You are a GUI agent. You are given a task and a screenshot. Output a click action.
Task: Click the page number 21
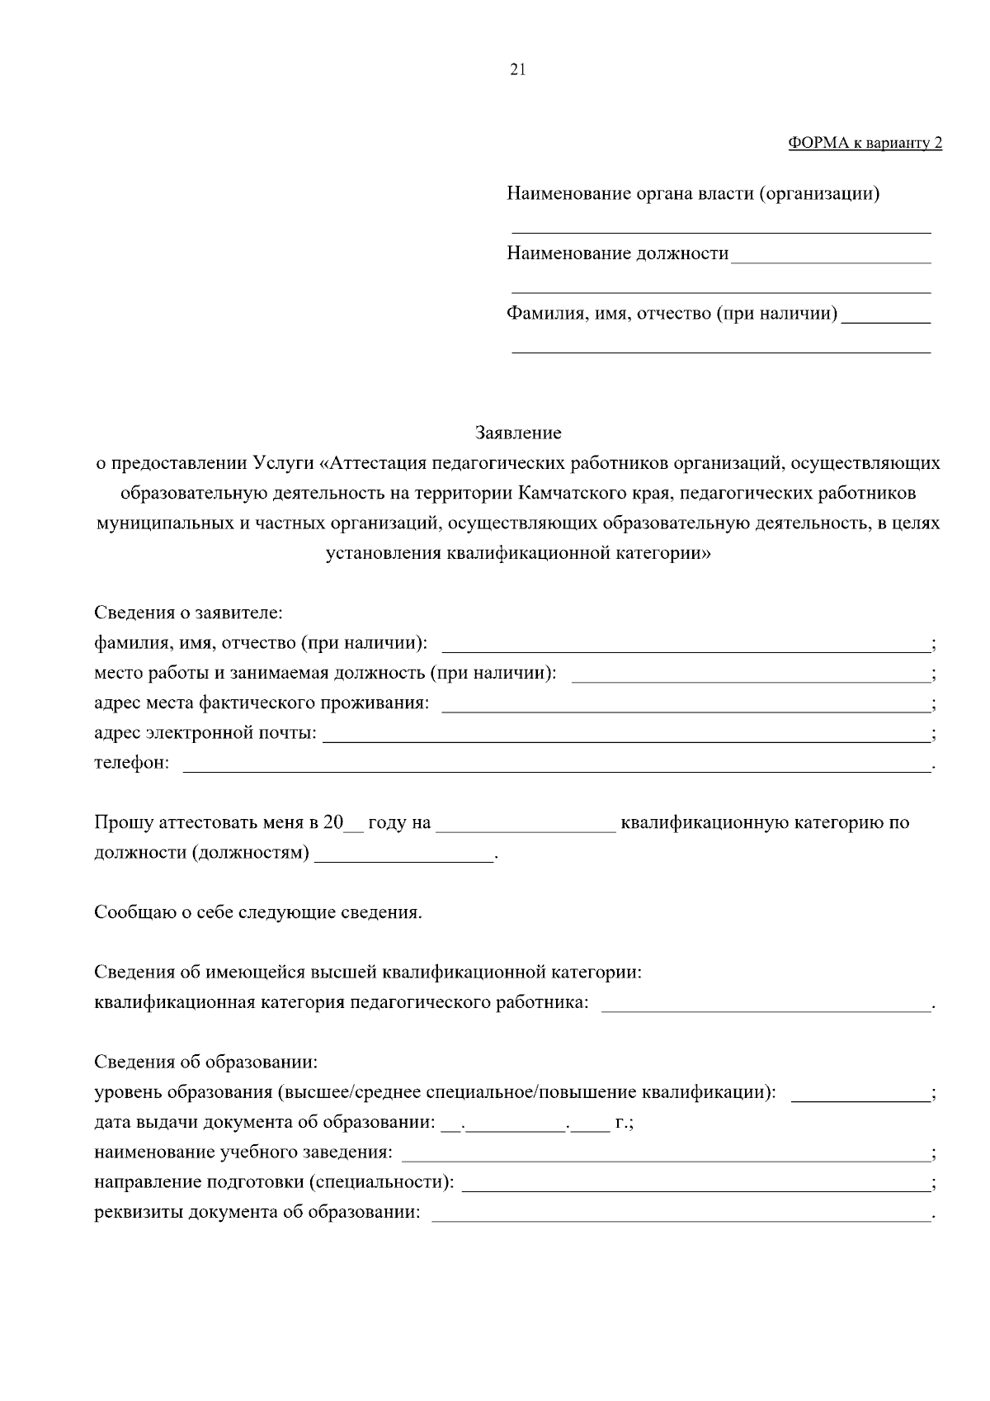pyautogui.click(x=517, y=69)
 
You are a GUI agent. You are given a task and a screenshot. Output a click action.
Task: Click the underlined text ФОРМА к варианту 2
pyautogui.click(x=865, y=143)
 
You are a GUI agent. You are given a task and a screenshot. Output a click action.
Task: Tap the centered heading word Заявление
pyautogui.click(x=518, y=433)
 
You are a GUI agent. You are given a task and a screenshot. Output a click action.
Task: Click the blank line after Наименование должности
pyautogui.click(x=831, y=257)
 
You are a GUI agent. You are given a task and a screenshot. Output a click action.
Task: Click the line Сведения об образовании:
pyautogui.click(x=206, y=1061)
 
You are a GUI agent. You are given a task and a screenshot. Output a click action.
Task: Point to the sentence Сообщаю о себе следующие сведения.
pyautogui.click(x=258, y=912)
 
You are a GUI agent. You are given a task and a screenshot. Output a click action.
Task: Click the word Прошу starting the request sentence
pyautogui.click(x=121, y=822)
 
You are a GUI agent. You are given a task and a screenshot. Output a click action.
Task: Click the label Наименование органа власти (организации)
pyautogui.click(x=693, y=194)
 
